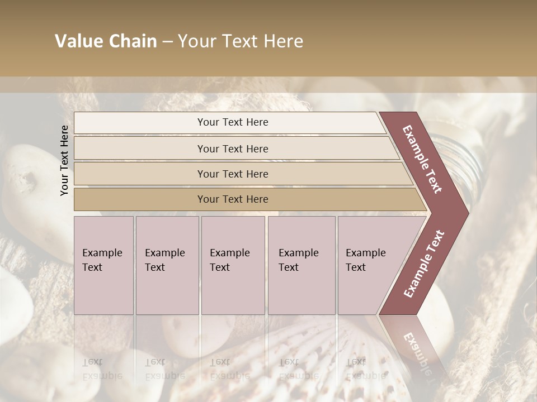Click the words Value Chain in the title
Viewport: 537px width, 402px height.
click(106, 41)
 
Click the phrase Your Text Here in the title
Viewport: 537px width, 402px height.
click(241, 41)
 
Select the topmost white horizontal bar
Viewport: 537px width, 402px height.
click(140, 122)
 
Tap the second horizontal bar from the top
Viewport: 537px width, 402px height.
click(140, 149)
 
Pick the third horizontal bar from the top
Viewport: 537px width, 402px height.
click(140, 174)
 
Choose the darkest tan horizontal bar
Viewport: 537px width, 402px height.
click(140, 199)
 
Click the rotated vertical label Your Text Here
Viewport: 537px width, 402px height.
click(64, 160)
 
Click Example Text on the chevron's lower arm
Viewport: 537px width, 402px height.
click(424, 264)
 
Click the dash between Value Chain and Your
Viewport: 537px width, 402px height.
click(167, 41)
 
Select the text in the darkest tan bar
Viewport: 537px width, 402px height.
click(233, 199)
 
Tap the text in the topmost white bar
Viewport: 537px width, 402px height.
click(233, 122)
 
